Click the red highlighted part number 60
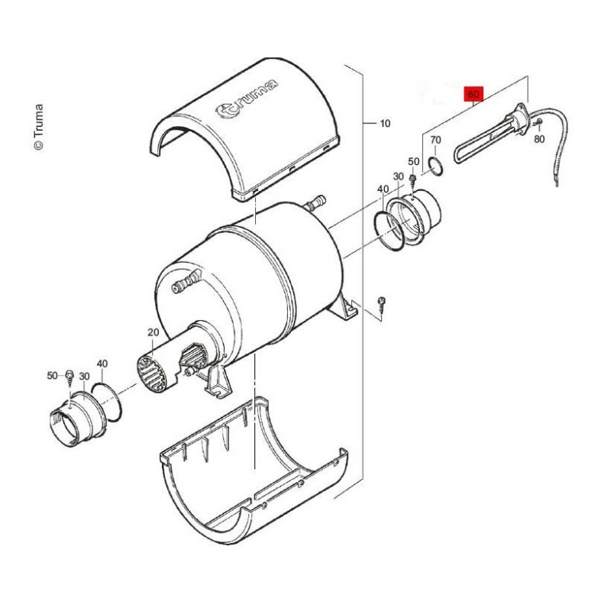tap(474, 94)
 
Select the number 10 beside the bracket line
tap(384, 123)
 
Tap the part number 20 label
tap(153, 332)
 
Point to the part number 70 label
tap(435, 141)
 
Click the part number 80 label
tap(538, 139)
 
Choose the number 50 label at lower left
tap(53, 376)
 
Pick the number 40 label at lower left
tap(102, 364)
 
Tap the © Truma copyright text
tap(39, 127)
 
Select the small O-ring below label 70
tap(435, 165)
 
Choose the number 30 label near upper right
tap(398, 176)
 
